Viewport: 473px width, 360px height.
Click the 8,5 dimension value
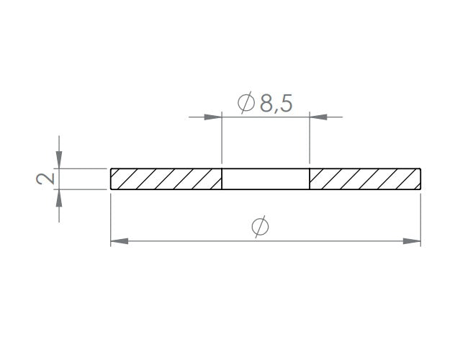pyautogui.click(x=276, y=104)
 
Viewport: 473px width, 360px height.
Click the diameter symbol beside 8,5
pyautogui.click(x=245, y=102)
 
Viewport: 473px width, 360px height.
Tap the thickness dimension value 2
pyautogui.click(x=45, y=179)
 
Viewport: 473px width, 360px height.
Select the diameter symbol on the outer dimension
pyautogui.click(x=260, y=226)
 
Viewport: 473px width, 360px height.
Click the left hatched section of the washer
pyautogui.click(x=166, y=179)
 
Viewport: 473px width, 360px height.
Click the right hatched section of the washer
pyautogui.click(x=365, y=179)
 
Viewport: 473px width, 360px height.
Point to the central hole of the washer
pyautogui.click(x=266, y=179)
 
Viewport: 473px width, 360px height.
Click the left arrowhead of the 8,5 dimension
pyautogui.click(x=213, y=117)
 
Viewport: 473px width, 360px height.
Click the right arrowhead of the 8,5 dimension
pyautogui.click(x=318, y=117)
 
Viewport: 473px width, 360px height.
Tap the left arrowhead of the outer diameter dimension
pyautogui.click(x=120, y=241)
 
